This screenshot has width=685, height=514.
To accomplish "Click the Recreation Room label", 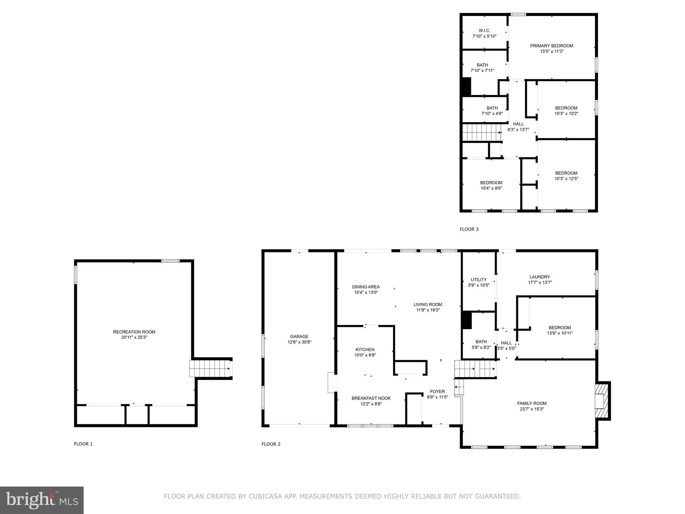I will point(134,332).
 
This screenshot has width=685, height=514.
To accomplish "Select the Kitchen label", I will point(365,350).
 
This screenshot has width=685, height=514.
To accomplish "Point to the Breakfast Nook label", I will point(371,398).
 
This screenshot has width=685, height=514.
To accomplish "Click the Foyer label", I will point(437,392).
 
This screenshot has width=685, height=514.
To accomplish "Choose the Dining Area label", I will point(366,287).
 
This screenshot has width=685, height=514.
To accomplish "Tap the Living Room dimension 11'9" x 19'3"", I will point(428,310).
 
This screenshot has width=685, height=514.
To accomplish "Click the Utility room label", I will point(479,280).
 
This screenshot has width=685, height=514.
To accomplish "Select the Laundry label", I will point(540,277).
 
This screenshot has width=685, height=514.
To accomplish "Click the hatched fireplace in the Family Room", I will point(601,401).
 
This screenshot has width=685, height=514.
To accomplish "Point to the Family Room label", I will point(532,403).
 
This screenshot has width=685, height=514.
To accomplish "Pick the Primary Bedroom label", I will point(552,46).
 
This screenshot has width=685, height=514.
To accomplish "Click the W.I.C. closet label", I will point(484,30).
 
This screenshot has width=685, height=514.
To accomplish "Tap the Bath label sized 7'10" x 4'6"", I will point(492,108).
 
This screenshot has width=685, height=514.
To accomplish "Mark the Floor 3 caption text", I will point(469,229).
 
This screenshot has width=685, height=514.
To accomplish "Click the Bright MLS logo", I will point(42,500).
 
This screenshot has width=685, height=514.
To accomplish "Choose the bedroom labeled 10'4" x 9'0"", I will point(491,183).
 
